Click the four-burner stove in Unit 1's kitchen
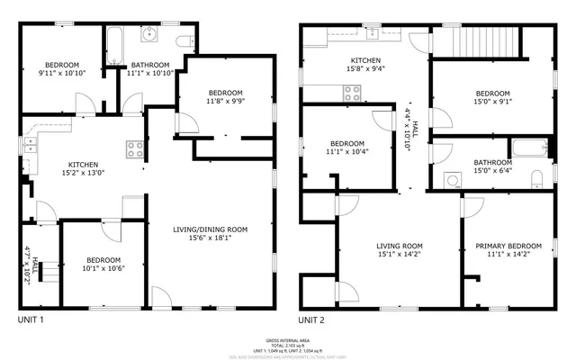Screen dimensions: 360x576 [135, 148]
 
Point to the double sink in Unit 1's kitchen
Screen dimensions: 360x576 [30, 142]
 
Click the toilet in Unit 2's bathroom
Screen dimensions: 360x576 [536, 176]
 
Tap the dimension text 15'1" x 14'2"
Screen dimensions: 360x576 [400, 255]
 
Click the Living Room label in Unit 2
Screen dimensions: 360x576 [400, 246]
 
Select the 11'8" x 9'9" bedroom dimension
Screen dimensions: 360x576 [226, 102]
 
